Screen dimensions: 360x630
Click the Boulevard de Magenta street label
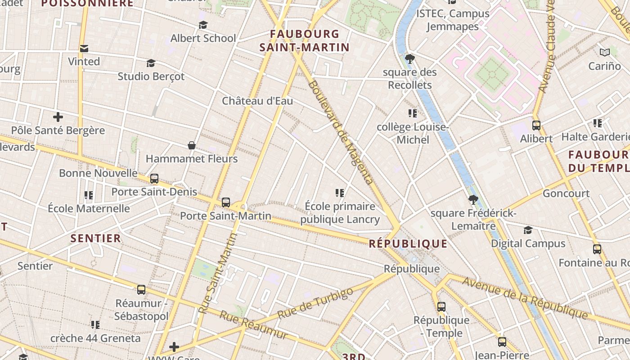point(341,133)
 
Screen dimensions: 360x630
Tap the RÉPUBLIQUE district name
point(408,244)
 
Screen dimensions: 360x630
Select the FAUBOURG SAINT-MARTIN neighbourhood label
point(305,40)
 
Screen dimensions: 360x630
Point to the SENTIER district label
point(96,238)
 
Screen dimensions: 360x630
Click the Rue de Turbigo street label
point(315,304)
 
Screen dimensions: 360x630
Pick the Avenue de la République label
point(525,298)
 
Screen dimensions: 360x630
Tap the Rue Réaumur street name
point(253,325)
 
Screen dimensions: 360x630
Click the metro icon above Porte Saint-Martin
point(226,202)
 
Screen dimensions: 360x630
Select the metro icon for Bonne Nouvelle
point(154,179)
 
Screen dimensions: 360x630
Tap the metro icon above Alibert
point(536,126)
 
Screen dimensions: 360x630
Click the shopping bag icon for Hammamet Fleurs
point(192,145)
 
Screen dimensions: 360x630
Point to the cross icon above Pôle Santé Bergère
point(58,117)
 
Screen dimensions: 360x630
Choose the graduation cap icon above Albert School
point(203,25)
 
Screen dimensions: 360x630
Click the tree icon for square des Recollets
point(409,58)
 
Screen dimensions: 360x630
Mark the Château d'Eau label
point(257,101)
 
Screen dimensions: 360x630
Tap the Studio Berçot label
point(151,76)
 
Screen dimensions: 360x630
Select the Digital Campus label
point(528,243)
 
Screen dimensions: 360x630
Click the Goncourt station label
point(566,193)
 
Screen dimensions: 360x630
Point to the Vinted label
point(84,61)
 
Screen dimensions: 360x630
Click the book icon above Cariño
point(604,53)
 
